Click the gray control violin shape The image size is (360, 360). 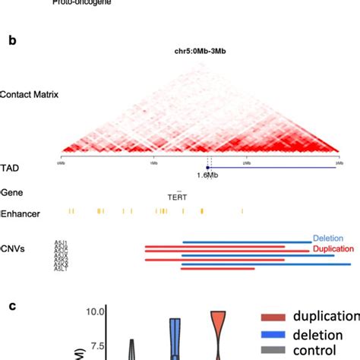click(x=132, y=349)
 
